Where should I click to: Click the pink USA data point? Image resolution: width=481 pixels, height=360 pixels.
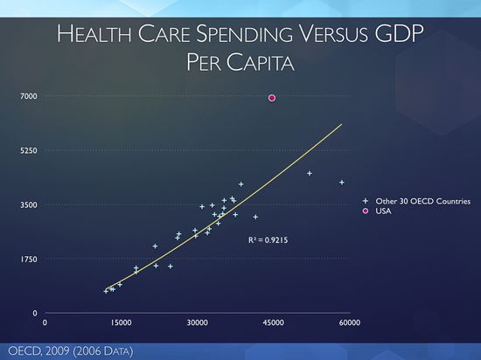click(x=272, y=98)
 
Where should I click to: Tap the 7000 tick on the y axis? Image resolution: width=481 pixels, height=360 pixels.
click(x=30, y=95)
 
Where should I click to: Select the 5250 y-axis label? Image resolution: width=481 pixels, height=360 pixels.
click(x=30, y=150)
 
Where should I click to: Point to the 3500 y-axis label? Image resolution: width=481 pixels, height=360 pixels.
click(x=30, y=204)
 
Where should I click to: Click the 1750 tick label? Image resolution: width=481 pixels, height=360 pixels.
click(x=30, y=259)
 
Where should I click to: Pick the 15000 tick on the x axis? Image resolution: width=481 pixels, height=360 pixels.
click(x=121, y=322)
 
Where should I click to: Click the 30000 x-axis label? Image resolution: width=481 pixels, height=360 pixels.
click(x=198, y=322)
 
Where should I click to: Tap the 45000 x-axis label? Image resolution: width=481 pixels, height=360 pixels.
click(x=274, y=322)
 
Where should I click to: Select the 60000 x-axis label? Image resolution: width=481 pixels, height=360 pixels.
click(x=350, y=322)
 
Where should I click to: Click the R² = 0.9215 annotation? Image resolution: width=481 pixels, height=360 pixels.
click(x=267, y=239)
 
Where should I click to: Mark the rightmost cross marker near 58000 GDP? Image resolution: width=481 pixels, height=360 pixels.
click(x=342, y=182)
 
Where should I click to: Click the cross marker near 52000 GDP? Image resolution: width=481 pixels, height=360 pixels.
click(x=310, y=173)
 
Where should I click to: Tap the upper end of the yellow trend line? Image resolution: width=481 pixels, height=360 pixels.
click(x=341, y=124)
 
